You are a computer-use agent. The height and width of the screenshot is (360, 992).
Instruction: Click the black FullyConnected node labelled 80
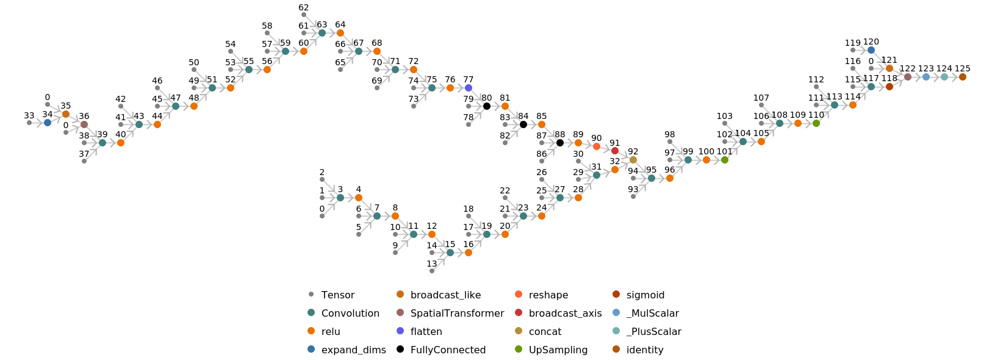coord(487,106)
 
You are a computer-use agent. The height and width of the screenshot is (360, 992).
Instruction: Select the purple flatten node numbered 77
coord(469,88)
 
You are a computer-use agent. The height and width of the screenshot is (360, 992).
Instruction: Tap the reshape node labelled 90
coord(597,146)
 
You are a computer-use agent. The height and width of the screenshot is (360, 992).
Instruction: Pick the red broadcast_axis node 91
coord(615,151)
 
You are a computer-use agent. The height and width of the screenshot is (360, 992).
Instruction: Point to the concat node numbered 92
coord(633,160)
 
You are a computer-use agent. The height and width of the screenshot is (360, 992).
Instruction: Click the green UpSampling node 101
coord(725,160)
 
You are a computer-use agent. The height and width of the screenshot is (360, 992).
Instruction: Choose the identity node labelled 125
coord(963,77)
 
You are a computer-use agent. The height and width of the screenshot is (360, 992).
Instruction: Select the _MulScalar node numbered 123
coord(926,77)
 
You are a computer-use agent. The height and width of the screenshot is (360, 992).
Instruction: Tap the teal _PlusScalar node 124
coord(944,77)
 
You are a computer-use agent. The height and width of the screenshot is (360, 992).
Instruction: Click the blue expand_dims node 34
coord(48,123)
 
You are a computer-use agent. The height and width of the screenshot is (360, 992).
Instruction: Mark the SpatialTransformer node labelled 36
coord(84,124)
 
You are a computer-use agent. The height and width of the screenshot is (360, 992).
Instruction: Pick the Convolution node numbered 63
coord(322,33)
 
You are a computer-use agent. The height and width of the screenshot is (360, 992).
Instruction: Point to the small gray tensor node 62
coord(304,15)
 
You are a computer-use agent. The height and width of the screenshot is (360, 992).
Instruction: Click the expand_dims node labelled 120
coord(871,50)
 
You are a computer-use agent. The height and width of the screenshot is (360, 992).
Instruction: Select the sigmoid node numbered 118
coord(890,87)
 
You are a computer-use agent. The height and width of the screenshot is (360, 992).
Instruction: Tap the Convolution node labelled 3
coord(340,198)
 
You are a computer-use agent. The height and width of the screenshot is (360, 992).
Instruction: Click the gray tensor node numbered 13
coord(432,271)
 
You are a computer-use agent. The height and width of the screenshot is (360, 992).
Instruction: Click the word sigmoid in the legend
coord(645,295)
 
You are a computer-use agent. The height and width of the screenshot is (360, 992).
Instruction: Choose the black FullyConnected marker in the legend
coord(400,350)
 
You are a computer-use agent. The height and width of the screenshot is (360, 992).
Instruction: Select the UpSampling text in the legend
coord(558,350)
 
